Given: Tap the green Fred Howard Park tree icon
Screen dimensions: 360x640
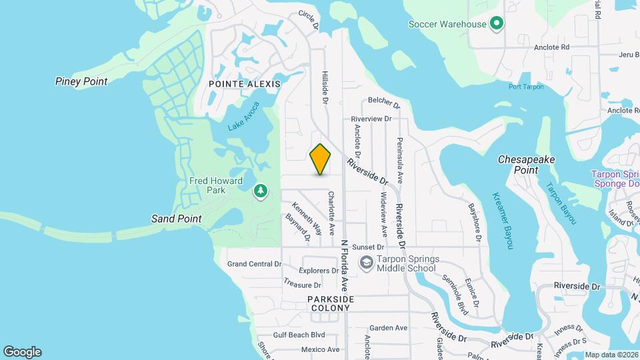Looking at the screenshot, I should click(x=261, y=192).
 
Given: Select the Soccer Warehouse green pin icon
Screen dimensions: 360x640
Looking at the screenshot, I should click(x=496, y=25).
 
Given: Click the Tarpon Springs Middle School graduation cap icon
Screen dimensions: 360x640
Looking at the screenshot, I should click(x=365, y=263).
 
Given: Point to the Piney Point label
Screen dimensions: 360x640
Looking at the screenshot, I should click(x=81, y=81).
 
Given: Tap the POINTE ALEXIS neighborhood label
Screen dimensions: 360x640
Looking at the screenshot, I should click(x=244, y=84).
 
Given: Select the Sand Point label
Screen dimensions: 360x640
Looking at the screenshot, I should click(x=176, y=219).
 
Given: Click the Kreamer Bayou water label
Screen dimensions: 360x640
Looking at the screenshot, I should click(x=503, y=220).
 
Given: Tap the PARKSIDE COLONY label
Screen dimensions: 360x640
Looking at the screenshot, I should click(x=331, y=304).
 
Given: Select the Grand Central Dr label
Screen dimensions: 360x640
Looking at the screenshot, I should click(x=254, y=264).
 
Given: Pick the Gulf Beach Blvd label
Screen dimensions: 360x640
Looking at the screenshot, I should click(x=299, y=335).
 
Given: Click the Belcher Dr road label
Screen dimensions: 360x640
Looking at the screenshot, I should click(x=383, y=105).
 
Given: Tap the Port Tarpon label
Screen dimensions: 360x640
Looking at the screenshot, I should click(x=526, y=87).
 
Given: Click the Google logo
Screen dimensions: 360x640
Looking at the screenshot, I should click(x=22, y=352).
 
